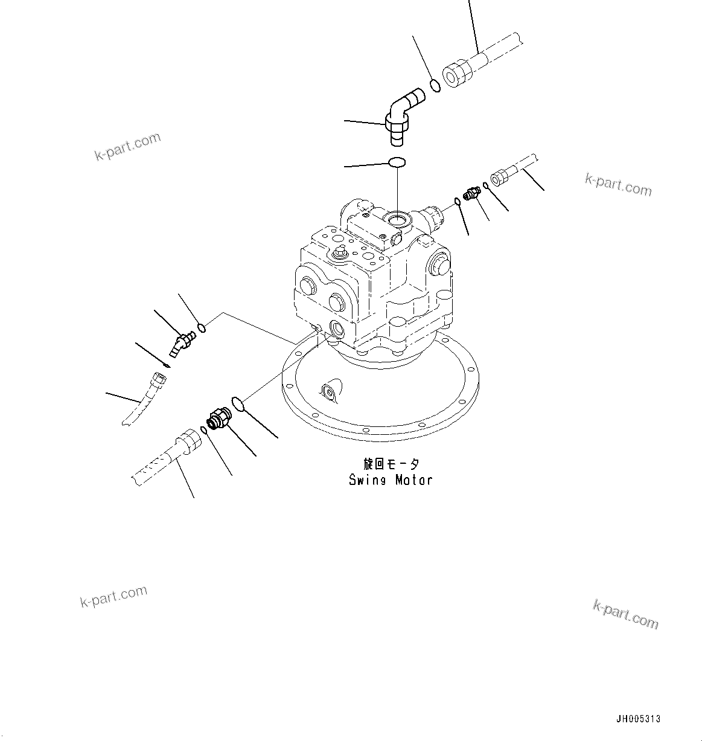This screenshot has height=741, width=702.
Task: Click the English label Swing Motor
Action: point(391,480)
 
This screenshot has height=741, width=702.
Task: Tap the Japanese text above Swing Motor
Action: point(391,464)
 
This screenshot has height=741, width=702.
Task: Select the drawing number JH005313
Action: point(638,719)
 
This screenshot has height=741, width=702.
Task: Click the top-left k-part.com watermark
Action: point(128,147)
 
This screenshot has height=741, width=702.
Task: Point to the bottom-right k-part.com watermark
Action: point(625,614)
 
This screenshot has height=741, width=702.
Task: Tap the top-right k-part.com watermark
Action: point(618,185)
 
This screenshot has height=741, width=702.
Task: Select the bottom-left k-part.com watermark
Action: point(113,596)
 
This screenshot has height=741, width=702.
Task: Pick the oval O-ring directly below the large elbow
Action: point(397,162)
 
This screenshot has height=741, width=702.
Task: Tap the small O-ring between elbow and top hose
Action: point(435,86)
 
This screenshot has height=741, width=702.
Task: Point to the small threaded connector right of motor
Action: point(471,193)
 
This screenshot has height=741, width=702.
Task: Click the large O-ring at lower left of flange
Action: point(238,403)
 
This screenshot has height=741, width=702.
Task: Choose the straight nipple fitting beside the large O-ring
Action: point(217,418)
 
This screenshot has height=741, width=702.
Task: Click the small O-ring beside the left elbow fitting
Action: point(203,328)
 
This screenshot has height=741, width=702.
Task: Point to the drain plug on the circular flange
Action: point(330,393)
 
